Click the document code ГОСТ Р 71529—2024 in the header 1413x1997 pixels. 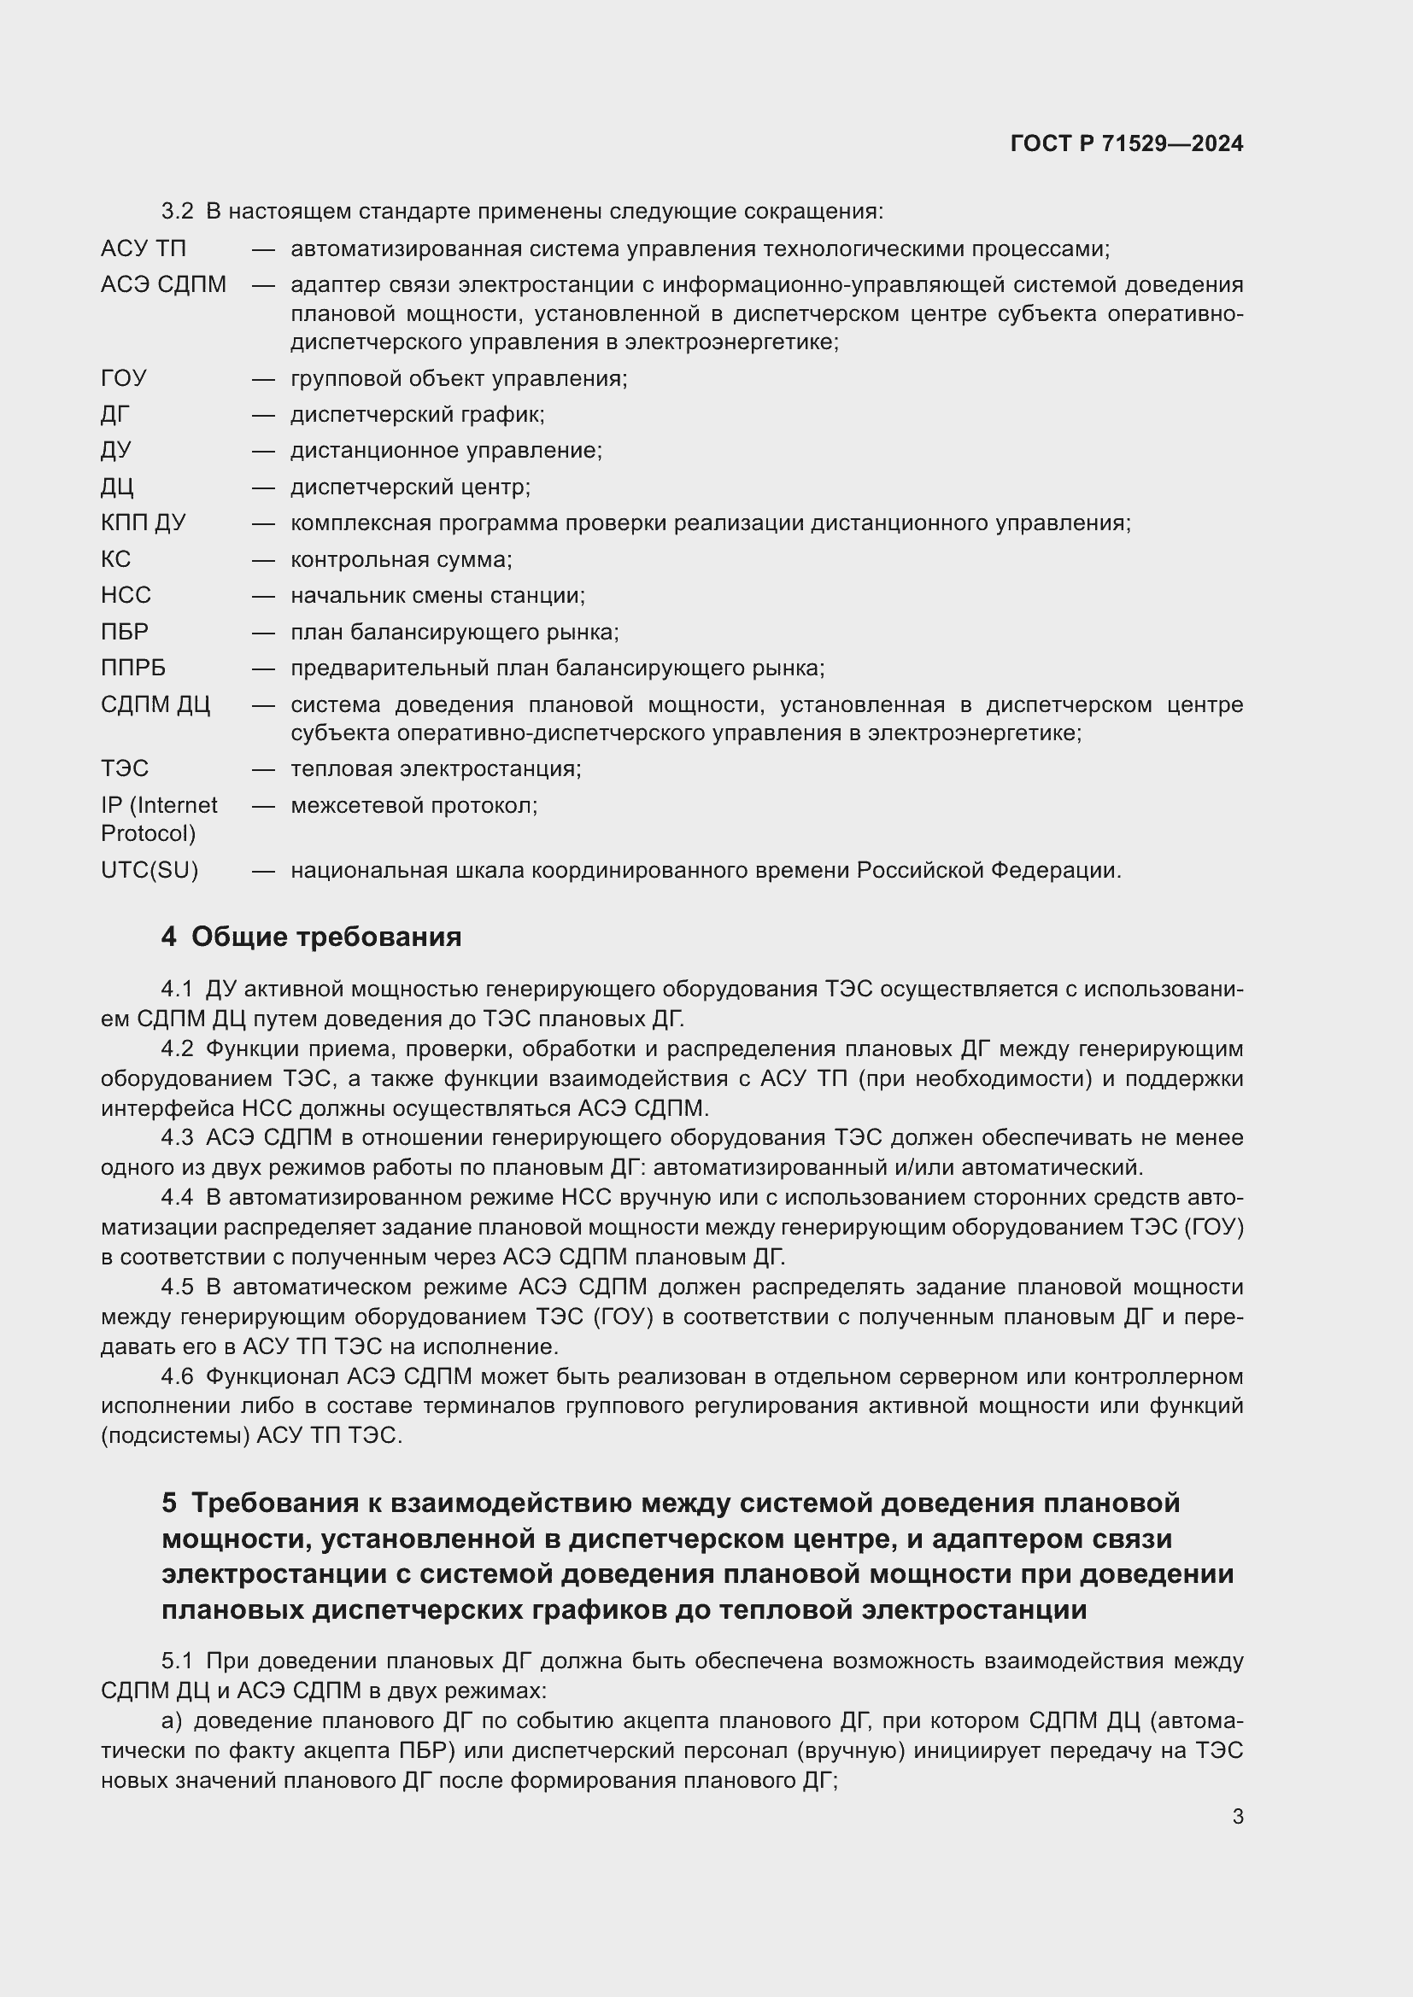coord(1126,143)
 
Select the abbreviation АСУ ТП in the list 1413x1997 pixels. coord(144,248)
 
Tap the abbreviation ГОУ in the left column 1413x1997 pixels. coord(124,378)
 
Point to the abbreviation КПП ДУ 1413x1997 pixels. coord(144,523)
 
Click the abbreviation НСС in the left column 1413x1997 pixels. coord(126,595)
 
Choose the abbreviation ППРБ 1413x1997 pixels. coord(133,668)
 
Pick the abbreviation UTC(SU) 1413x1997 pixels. coord(150,870)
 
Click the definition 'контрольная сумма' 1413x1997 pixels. coord(402,559)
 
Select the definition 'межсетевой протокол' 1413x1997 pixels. coord(414,805)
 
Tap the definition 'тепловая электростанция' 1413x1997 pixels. coord(436,769)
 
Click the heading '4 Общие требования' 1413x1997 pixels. coord(312,937)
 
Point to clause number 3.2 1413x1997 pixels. coord(178,212)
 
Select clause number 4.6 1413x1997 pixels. coord(178,1377)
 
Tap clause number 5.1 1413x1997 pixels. coord(178,1661)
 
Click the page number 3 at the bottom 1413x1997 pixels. coord(1237,1817)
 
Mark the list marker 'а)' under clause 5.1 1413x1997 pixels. coord(172,1721)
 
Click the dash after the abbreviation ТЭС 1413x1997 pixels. coord(264,769)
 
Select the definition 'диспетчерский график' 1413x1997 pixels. coord(418,415)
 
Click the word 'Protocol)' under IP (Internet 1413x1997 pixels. coord(148,833)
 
